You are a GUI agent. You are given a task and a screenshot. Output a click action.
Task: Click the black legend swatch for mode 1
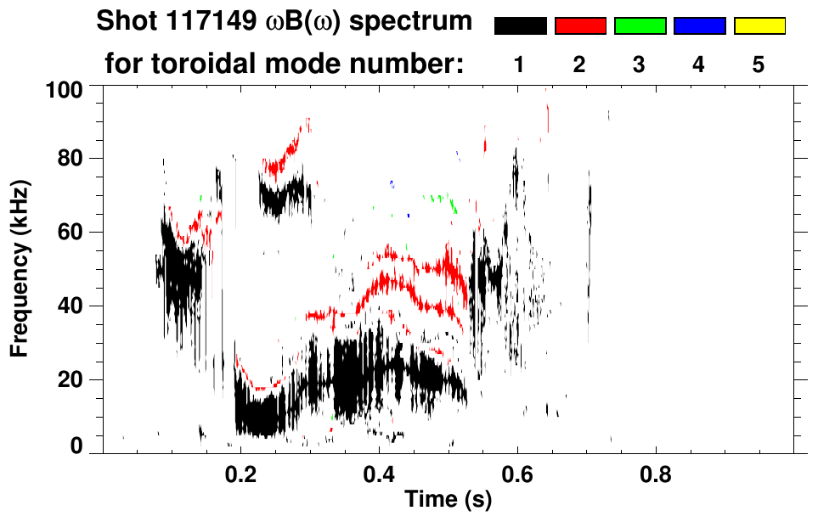pyautogui.click(x=520, y=26)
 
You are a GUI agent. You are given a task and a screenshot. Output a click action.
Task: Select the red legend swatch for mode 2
pyautogui.click(x=580, y=26)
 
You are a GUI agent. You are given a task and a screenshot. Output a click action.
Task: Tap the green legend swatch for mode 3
pyautogui.click(x=640, y=26)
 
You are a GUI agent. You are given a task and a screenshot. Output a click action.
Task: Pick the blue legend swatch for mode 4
pyautogui.click(x=699, y=26)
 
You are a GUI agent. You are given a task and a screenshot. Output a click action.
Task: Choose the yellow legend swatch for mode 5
pyautogui.click(x=759, y=26)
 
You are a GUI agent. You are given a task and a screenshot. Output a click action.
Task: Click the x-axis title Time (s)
pyautogui.click(x=448, y=501)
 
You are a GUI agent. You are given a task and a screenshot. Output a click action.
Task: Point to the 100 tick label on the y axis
pyautogui.click(x=65, y=87)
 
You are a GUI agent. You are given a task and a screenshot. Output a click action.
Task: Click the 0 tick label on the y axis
pyautogui.click(x=77, y=446)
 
